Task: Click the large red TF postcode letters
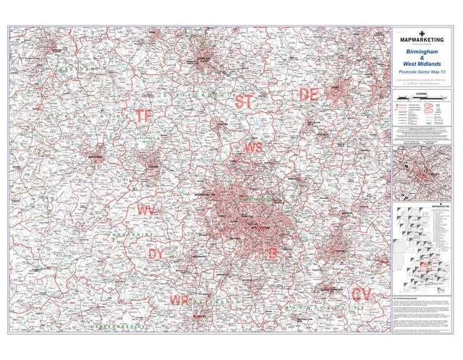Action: point(143,116)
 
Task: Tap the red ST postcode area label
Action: point(244,102)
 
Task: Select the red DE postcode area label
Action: point(310,95)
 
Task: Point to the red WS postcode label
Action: point(253,147)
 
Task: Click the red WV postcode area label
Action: point(145,210)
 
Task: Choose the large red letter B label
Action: point(273,253)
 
